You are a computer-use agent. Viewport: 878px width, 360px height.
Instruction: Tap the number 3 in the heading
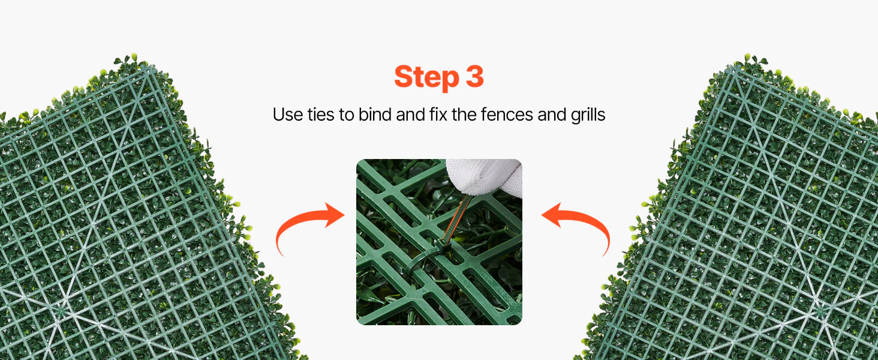pos(474,76)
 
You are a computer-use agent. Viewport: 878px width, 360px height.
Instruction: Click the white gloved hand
pos(486,176)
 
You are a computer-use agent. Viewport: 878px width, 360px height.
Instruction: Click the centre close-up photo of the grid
pos(439,242)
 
